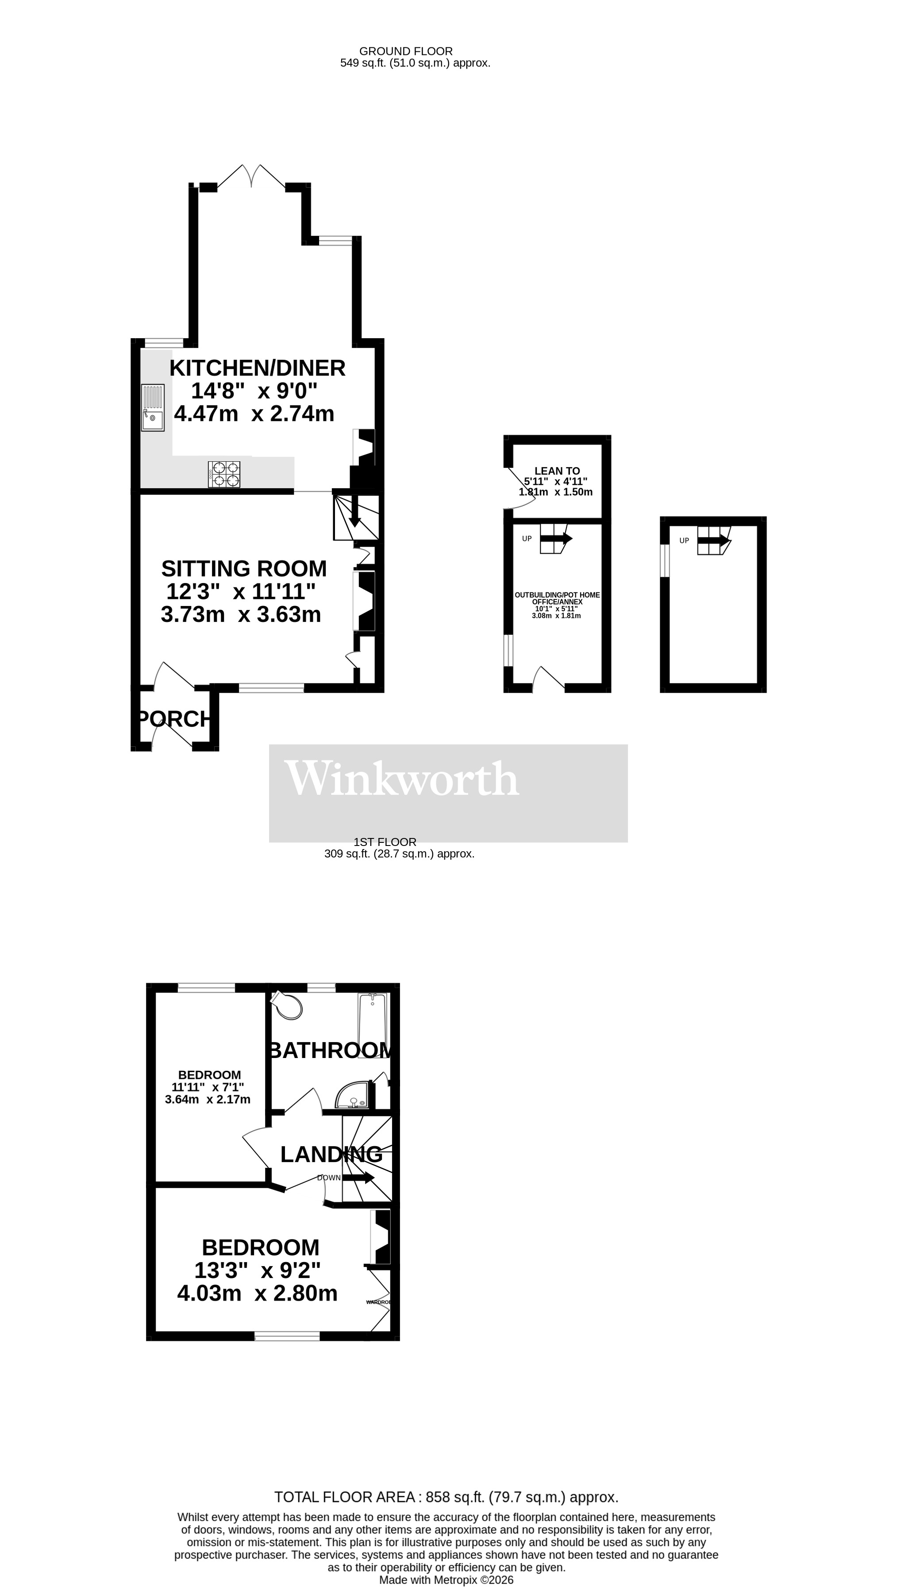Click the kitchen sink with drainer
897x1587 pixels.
pyautogui.click(x=153, y=408)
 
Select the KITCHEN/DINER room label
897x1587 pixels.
pyautogui.click(x=257, y=368)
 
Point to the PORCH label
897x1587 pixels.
pyautogui.click(x=174, y=719)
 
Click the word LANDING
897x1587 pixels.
pyautogui.click(x=331, y=1155)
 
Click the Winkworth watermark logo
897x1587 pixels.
pyautogui.click(x=402, y=779)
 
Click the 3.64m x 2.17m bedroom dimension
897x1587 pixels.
pyautogui.click(x=208, y=1100)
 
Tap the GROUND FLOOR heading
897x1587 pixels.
pyautogui.click(x=406, y=51)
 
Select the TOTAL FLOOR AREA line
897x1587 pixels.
pyautogui.click(x=446, y=1498)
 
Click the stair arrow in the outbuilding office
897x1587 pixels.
pyautogui.click(x=556, y=538)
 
